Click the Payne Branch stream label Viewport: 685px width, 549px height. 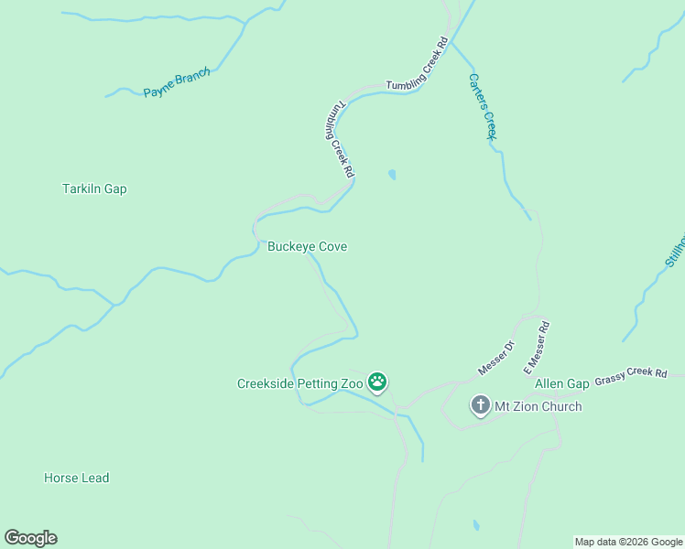coord(177,83)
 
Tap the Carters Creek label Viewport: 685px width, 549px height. coord(482,106)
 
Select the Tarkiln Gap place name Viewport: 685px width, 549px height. coord(94,189)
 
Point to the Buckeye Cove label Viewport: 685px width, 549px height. coord(307,247)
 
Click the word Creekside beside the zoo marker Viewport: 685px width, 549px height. coord(266,384)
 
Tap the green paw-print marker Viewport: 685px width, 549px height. coord(377,382)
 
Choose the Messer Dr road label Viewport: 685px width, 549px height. coord(496,359)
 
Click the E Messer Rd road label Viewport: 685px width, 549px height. coord(536,348)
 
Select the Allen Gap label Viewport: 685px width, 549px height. coord(561,383)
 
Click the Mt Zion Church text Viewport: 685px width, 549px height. coord(538,406)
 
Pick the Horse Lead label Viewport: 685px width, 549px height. coord(76,478)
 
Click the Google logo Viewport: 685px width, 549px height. coord(30,538)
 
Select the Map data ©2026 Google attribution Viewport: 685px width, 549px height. coord(628,542)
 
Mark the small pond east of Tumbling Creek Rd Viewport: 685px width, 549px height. coord(393,174)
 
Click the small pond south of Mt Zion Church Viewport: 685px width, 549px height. coord(475,527)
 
